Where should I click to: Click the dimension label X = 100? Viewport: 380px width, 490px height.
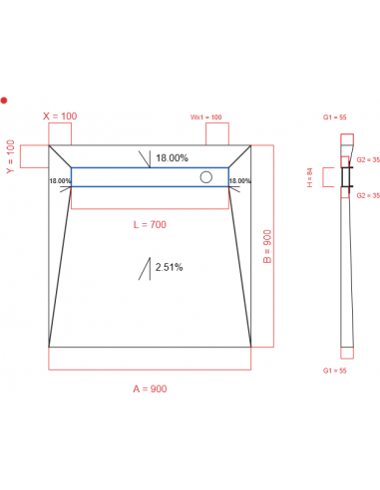tap(60, 116)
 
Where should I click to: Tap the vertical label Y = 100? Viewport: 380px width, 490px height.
tap(11, 156)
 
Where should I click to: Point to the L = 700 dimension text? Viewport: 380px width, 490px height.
tap(150, 225)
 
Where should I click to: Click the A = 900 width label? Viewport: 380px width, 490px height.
tap(150, 387)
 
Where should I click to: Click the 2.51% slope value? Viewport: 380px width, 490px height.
tap(169, 267)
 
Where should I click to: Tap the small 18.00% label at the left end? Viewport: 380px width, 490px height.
tap(59, 181)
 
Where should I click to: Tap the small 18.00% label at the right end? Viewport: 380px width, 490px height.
tap(239, 181)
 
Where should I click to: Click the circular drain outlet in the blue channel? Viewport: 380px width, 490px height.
tap(206, 177)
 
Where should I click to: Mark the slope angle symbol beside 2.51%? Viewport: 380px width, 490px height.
tap(148, 268)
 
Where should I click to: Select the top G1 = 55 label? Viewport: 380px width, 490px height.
tap(334, 118)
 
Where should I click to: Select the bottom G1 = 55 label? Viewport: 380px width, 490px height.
tap(334, 370)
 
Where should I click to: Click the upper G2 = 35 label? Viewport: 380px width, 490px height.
tap(368, 159)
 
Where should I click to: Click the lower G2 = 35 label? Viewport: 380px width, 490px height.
tap(368, 195)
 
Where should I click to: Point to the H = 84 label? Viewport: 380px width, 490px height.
tap(310, 177)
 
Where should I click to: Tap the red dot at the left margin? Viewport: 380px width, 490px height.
tap(4, 100)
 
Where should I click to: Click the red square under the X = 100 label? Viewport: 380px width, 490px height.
tap(60, 133)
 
